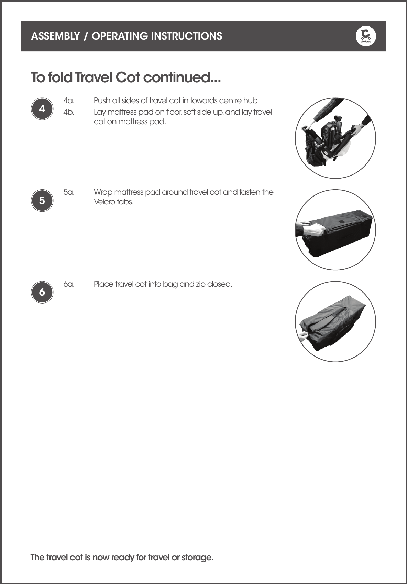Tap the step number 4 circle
pos(42,109)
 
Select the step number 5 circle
pos(42,200)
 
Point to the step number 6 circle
pos(42,292)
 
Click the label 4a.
pos(69,101)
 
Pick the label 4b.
pos(69,112)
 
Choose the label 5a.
pos(69,192)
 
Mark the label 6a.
pos(69,284)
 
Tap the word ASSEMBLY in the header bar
pos(55,36)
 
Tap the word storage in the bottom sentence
pos(196,557)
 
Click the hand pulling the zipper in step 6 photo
pos(302,335)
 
